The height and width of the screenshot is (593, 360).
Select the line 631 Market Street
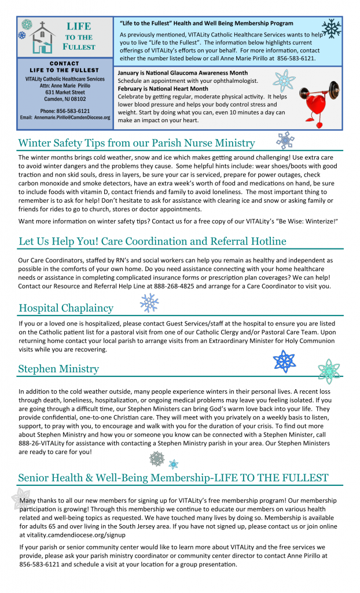[65, 92]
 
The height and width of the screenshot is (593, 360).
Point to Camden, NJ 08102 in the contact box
[65, 98]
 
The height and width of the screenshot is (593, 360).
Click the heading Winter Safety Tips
[137, 143]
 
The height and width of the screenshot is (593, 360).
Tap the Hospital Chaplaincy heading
[66, 308]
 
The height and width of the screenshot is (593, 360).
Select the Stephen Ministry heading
[58, 369]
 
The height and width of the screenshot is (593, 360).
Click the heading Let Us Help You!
[152, 241]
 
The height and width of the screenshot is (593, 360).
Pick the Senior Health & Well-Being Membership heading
[173, 478]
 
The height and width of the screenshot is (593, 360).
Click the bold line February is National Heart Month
[163, 89]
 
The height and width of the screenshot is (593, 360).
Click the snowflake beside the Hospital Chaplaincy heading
[149, 303]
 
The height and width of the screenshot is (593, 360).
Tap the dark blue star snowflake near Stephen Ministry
[284, 362]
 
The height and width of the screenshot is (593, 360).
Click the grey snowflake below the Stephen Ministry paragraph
[157, 459]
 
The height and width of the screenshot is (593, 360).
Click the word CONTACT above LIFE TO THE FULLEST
[65, 63]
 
